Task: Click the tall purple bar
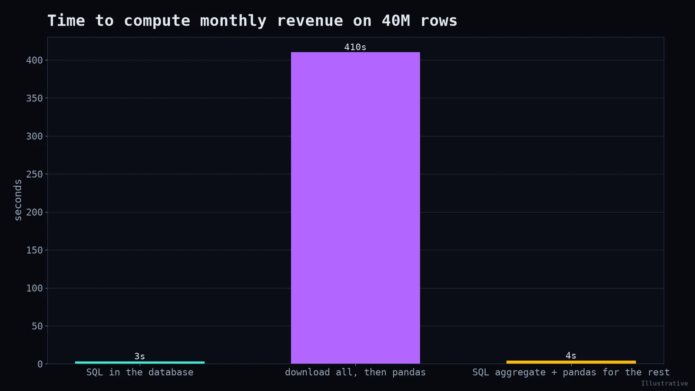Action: pos(355,208)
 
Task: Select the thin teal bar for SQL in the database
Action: pos(139,362)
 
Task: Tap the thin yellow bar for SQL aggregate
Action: pos(571,362)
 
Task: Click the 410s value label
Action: pos(355,47)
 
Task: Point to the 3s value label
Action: pos(139,356)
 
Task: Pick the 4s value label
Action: pos(571,356)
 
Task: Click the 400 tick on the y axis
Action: pos(34,60)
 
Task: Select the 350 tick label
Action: pos(34,98)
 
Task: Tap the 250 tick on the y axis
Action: pos(34,174)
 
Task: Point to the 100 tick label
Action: pos(34,288)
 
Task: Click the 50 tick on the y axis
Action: pos(37,326)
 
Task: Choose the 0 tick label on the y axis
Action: pos(40,364)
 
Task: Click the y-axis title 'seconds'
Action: pos(18,200)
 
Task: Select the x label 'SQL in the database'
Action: pos(139,372)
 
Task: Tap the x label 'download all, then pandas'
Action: pos(355,372)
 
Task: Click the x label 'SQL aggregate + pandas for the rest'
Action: pos(571,372)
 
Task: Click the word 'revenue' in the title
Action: pos(310,21)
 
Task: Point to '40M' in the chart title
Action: pos(396,21)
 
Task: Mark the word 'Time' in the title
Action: pos(66,21)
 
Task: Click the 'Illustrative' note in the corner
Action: pos(665,383)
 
